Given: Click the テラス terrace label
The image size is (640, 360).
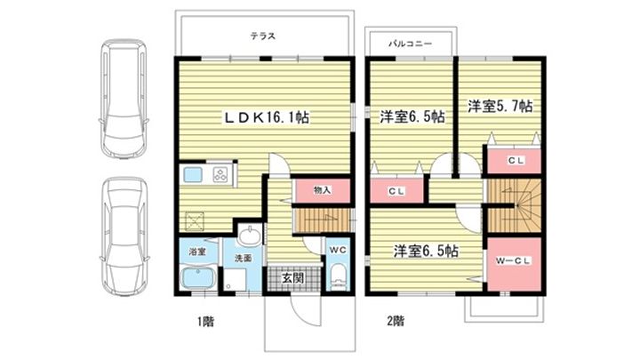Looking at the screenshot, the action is (x=263, y=36).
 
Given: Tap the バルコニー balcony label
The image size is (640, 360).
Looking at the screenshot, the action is (x=410, y=44).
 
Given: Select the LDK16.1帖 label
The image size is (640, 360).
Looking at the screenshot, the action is (x=266, y=117).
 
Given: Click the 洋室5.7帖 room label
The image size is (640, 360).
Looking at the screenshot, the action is (x=500, y=107).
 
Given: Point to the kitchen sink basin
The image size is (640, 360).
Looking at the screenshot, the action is (x=193, y=175).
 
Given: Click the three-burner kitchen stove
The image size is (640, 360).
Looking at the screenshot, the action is (x=220, y=175).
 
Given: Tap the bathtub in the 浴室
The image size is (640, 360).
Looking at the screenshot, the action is (x=198, y=277).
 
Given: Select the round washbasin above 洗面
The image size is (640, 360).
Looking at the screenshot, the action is (x=250, y=236).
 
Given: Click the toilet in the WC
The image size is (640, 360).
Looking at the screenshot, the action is (x=338, y=276).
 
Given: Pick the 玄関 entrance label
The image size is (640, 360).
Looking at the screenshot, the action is (x=293, y=278).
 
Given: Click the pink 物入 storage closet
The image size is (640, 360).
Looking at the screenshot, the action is (x=323, y=190).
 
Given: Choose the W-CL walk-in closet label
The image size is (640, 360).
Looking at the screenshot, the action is (x=513, y=260).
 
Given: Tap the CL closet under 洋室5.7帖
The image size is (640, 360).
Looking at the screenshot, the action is (x=515, y=160).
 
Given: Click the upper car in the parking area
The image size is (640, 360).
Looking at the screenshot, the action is (x=124, y=98).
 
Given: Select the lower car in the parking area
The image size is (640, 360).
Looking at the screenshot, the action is (x=124, y=236).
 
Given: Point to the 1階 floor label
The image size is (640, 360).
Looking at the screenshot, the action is (x=205, y=322).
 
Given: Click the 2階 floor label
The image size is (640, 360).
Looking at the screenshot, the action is (x=396, y=321).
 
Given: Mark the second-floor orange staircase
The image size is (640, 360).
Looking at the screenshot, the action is (x=515, y=206).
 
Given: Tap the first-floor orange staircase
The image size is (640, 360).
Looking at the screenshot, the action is (x=323, y=220).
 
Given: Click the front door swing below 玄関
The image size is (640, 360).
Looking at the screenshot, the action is (x=305, y=312).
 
